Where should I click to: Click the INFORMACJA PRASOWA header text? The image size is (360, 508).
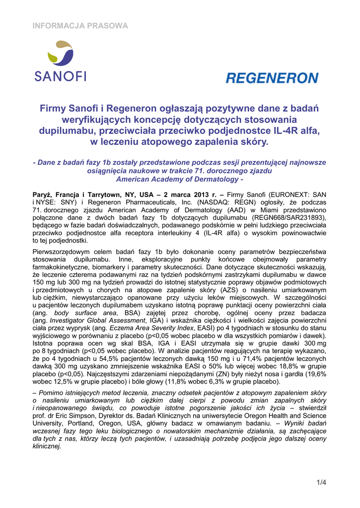pyautogui.click(x=80, y=26)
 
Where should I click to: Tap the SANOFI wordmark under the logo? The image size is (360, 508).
pyautogui.click(x=60, y=76)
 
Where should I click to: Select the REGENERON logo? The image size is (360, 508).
pyautogui.click(x=272, y=78)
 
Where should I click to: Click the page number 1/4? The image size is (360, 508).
pyautogui.click(x=321, y=482)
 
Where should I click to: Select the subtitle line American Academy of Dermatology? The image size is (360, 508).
pyautogui.click(x=179, y=179)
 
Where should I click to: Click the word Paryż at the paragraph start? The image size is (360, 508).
pyautogui.click(x=43, y=194)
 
